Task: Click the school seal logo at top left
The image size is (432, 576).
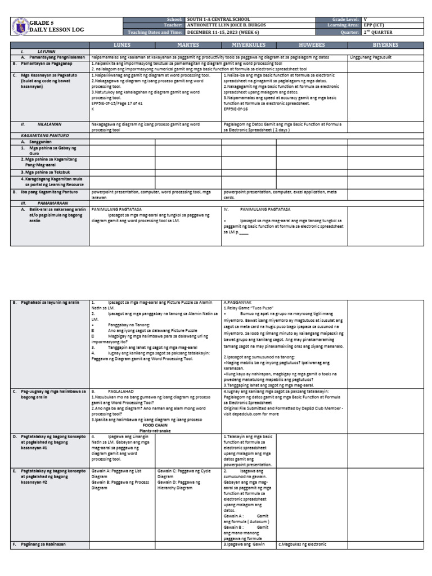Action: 20,25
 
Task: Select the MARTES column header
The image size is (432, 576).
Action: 188,44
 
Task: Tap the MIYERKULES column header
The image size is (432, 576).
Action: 249,44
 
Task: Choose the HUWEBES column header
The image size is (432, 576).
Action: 312,44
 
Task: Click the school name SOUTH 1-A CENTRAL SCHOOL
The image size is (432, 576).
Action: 218,19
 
